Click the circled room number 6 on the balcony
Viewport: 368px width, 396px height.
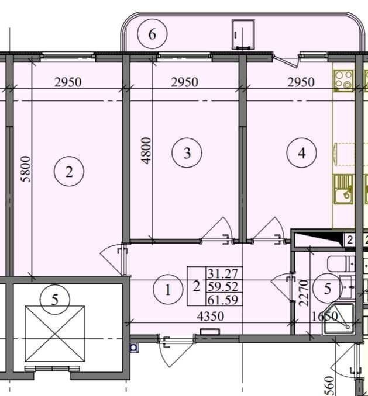[x=152, y=34]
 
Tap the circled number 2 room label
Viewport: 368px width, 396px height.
[x=69, y=172]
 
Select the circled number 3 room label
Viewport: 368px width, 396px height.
[x=187, y=152]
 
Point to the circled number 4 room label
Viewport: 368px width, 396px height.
[x=301, y=152]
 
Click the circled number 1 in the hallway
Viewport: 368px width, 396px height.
[x=168, y=290]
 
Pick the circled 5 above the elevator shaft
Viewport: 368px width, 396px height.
[x=55, y=300]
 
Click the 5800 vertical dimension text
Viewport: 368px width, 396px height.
[x=26, y=169]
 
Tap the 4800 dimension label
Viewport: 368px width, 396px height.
[x=146, y=151]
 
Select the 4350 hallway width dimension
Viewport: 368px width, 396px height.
[x=211, y=316]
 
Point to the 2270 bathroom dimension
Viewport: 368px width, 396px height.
[x=304, y=293]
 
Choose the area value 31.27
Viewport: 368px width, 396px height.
[x=223, y=273]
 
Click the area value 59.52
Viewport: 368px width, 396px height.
[x=223, y=287]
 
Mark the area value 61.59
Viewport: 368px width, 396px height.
[x=223, y=300]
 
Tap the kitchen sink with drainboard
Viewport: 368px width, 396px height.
[x=343, y=189]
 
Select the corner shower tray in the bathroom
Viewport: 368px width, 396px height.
[x=339, y=319]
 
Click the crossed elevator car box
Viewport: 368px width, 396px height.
[x=55, y=334]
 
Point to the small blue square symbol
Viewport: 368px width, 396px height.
[x=134, y=348]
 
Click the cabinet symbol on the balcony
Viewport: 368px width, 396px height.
[x=243, y=34]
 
